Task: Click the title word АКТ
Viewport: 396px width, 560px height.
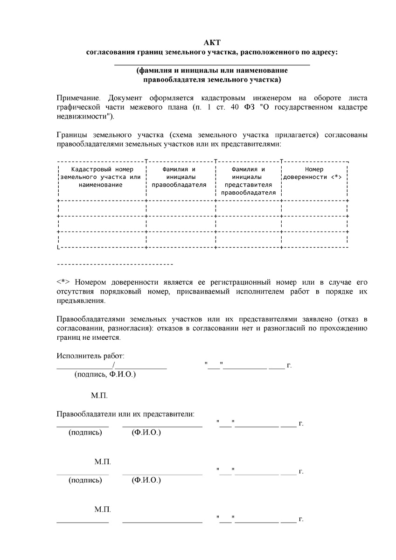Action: (x=212, y=43)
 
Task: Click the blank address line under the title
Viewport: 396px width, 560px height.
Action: (x=212, y=64)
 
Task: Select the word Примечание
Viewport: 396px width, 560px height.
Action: (x=78, y=98)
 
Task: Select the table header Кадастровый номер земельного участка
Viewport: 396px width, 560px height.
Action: (x=101, y=177)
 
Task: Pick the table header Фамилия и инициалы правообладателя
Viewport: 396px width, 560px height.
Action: (x=179, y=177)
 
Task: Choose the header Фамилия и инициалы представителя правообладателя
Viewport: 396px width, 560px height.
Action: (x=248, y=181)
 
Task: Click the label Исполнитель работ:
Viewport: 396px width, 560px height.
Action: (x=90, y=357)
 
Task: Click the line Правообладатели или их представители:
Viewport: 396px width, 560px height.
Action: (x=125, y=414)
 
